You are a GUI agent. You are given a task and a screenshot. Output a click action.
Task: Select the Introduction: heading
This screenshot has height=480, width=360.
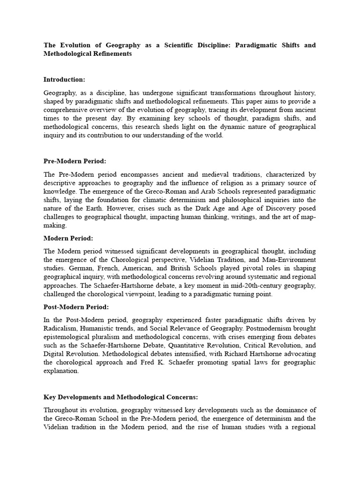64,80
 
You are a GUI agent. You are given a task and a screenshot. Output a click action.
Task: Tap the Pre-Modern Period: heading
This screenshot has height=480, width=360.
75,161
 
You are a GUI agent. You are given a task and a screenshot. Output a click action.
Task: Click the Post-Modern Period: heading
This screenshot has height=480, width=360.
76,307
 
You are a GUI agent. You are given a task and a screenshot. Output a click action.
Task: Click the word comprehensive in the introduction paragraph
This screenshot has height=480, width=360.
65,110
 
